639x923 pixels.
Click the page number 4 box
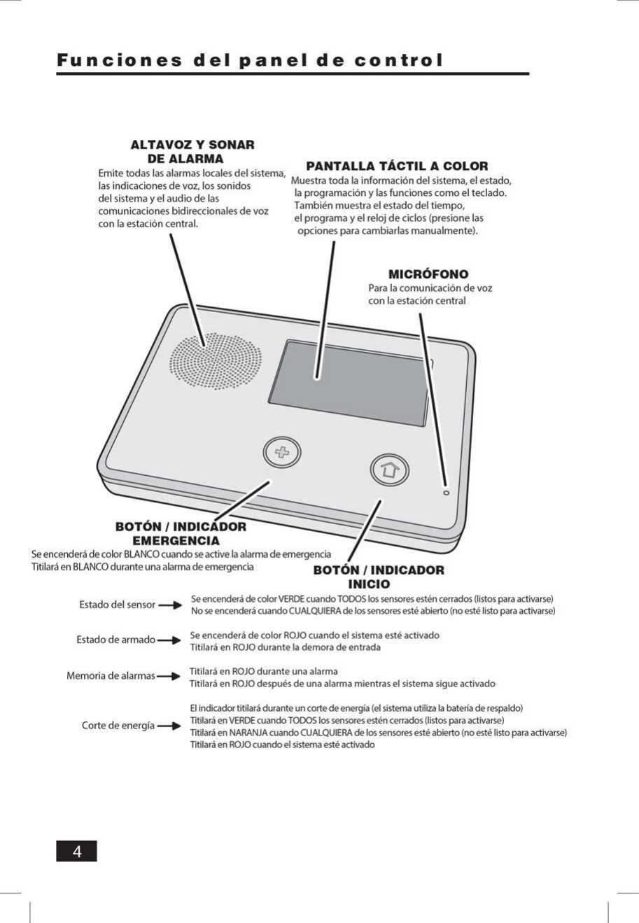click(x=76, y=852)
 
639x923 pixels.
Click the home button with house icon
click(x=388, y=470)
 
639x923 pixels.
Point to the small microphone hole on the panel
click(x=447, y=493)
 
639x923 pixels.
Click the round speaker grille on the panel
click(x=215, y=362)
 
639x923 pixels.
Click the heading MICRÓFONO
click(x=428, y=274)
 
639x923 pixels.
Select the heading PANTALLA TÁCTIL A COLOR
click(x=397, y=166)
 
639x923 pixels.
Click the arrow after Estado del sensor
click(x=170, y=605)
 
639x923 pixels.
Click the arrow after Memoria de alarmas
click(x=168, y=677)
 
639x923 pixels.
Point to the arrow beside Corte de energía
click(x=170, y=726)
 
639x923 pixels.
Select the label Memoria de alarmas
click(x=110, y=676)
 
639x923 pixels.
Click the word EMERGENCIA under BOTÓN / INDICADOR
click(x=176, y=541)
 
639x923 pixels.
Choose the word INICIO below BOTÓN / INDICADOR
click(x=369, y=584)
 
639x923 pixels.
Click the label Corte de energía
click(x=118, y=726)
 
